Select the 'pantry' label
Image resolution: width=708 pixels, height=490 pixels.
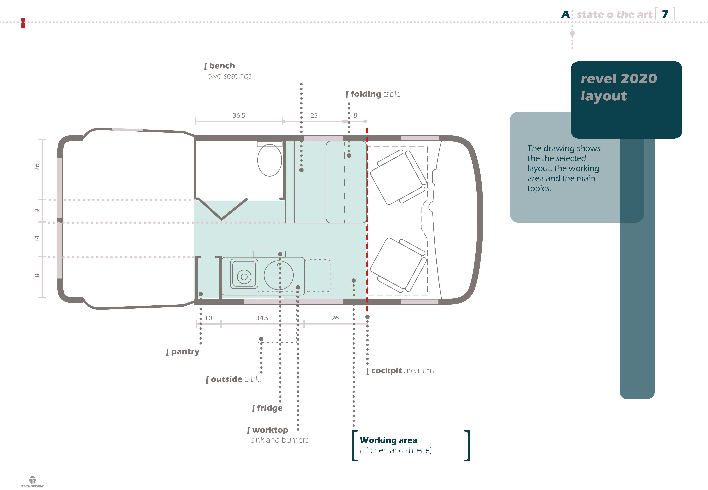[x=183, y=352]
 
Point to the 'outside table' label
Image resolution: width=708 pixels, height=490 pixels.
[x=234, y=379]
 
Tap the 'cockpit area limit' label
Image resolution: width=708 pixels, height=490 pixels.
[x=400, y=371]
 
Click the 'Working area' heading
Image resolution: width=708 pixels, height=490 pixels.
[x=388, y=440]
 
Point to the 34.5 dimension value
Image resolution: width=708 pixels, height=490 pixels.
[x=262, y=318]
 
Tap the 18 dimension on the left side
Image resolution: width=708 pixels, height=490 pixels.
[x=37, y=277]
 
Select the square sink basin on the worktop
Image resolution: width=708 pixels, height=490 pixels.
[x=244, y=274]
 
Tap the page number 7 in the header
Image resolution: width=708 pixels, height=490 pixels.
[x=665, y=14]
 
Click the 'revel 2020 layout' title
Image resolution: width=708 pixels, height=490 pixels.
[x=619, y=87]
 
